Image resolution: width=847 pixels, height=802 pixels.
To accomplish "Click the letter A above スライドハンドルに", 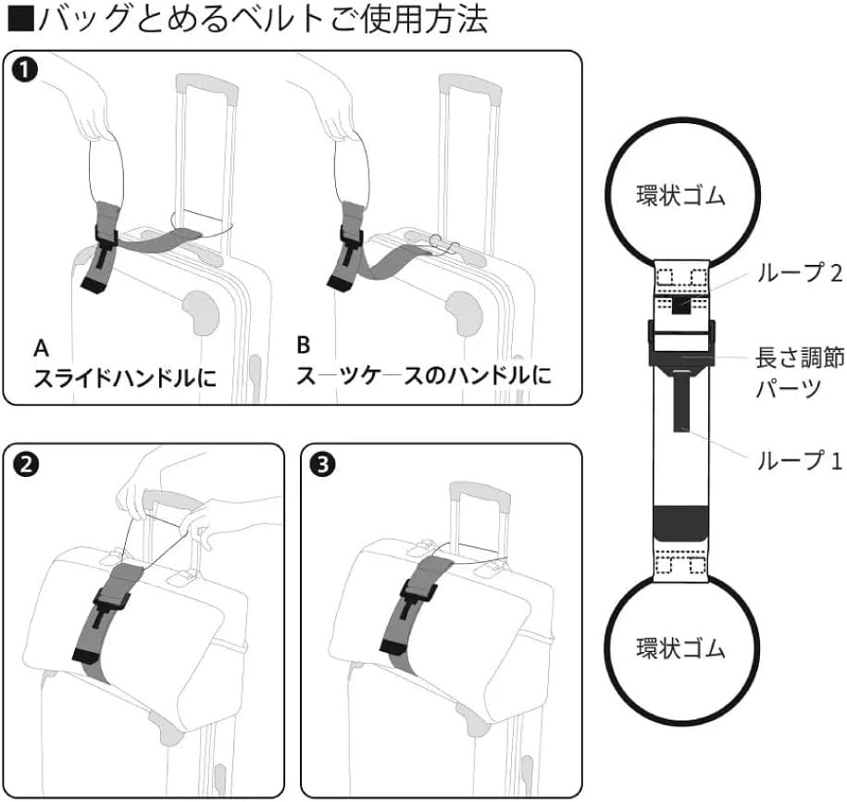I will (x=41, y=349).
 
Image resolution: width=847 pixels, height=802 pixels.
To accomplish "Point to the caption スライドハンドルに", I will (x=119, y=378).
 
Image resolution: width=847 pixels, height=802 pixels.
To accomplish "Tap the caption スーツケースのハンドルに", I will (x=423, y=376).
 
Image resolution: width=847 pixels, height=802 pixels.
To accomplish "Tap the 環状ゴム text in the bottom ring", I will (x=680, y=647).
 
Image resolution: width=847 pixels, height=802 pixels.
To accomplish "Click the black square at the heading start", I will (x=16, y=19).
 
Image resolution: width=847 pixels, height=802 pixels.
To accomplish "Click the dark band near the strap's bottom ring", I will (x=680, y=521).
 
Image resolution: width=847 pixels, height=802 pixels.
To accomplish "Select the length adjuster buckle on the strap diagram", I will (x=680, y=342).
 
